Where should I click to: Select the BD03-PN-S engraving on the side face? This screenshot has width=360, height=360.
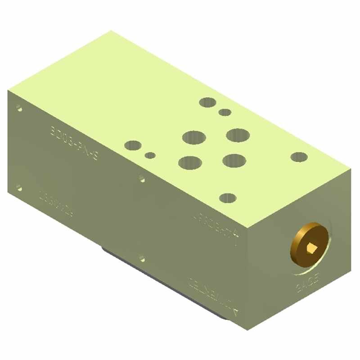(74, 143)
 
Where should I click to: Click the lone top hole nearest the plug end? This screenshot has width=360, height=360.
(299, 157)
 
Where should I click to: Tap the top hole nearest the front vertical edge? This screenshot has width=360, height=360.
(229, 198)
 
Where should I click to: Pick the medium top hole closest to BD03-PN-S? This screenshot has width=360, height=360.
(133, 145)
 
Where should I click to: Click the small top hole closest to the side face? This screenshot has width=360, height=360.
(150, 156)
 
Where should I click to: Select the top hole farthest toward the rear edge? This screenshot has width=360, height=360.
(207, 102)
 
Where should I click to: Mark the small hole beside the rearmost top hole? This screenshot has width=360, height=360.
(225, 112)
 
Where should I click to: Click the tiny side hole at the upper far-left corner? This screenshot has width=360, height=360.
(18, 108)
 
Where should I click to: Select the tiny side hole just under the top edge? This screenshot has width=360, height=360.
(142, 179)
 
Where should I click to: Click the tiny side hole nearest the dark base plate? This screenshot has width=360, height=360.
(142, 258)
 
